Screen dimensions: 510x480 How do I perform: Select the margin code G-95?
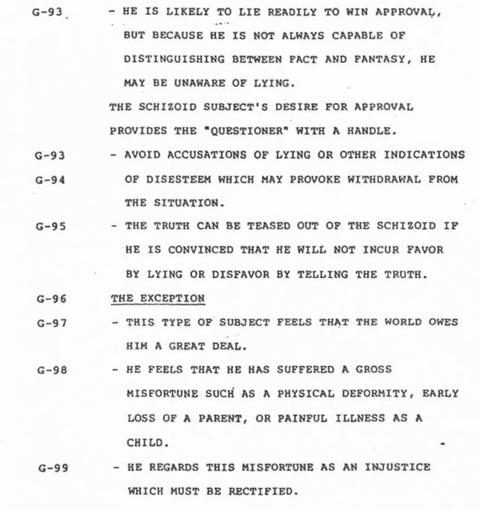[x=51, y=228]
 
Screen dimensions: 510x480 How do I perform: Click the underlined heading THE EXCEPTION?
[x=157, y=297]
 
